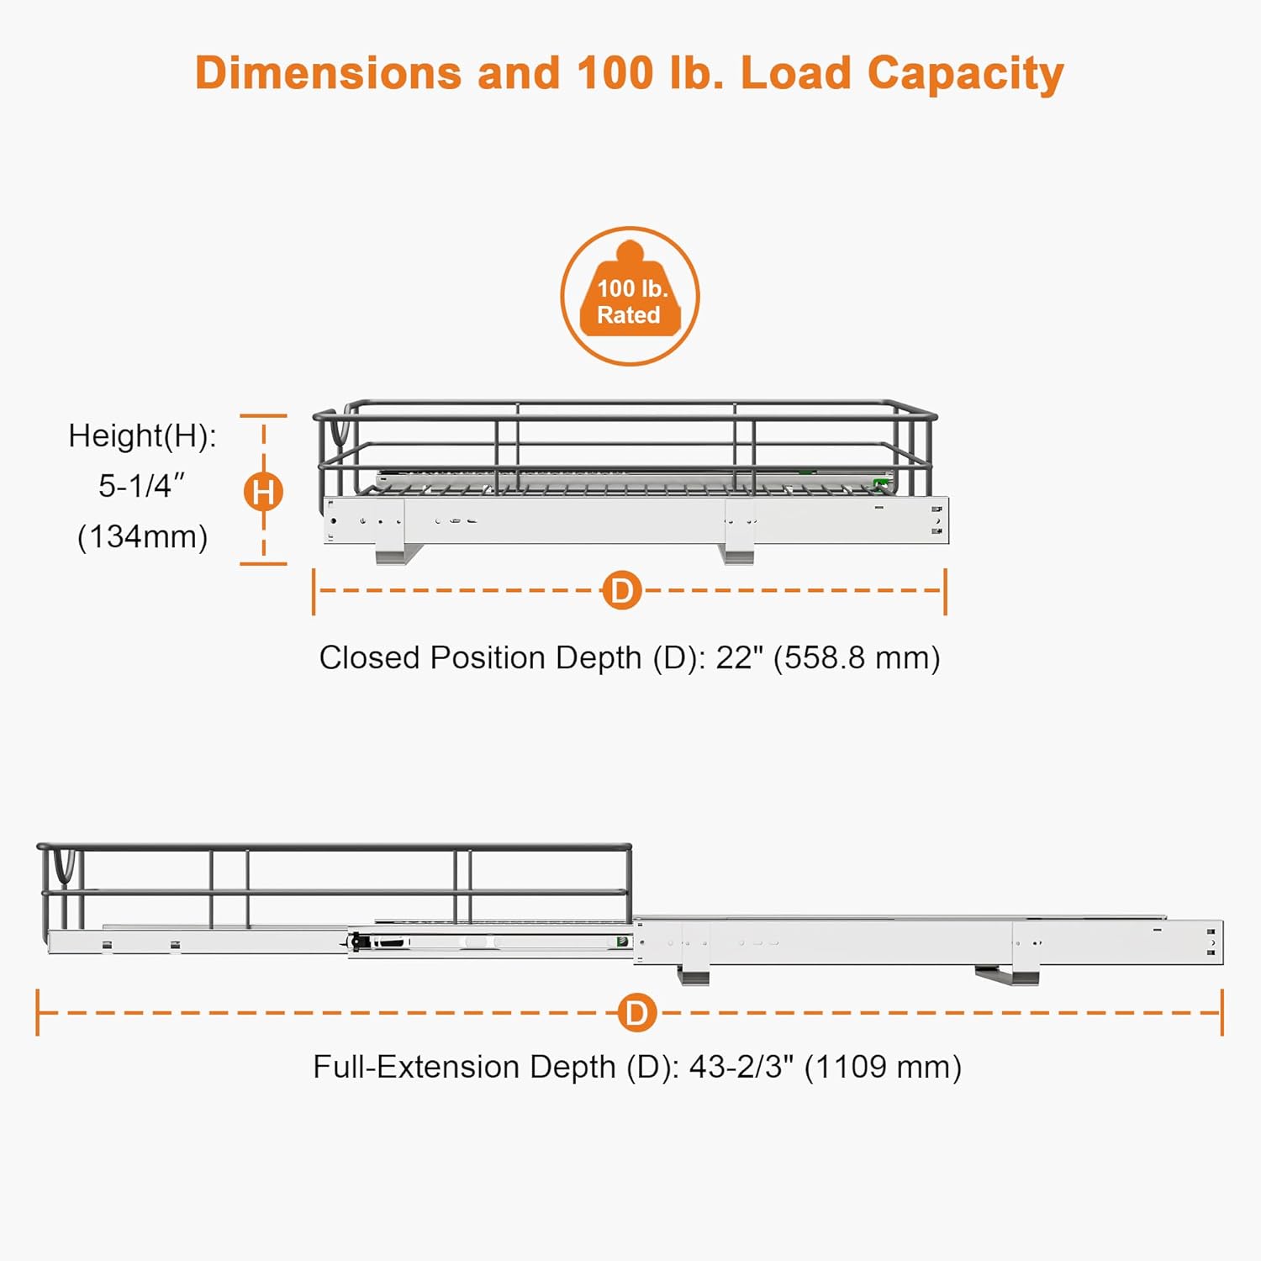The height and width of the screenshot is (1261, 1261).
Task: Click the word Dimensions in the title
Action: pyautogui.click(x=328, y=73)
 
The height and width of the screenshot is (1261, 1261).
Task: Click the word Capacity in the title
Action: pyautogui.click(x=966, y=75)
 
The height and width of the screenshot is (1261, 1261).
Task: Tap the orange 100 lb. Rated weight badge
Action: pyautogui.click(x=630, y=296)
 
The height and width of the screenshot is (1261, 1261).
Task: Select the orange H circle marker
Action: pyautogui.click(x=263, y=492)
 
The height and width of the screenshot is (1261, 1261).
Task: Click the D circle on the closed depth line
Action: pyautogui.click(x=622, y=591)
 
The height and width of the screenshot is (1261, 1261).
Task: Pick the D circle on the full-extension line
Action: pyautogui.click(x=637, y=1013)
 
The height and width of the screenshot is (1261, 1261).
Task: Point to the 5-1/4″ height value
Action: pyautogui.click(x=142, y=486)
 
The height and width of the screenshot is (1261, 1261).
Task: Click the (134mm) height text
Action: pyautogui.click(x=142, y=536)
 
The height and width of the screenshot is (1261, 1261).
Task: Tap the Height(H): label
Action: pyautogui.click(x=142, y=436)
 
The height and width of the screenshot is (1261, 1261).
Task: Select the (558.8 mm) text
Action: pyautogui.click(x=857, y=658)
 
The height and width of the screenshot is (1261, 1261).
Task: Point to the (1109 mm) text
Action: pyautogui.click(x=883, y=1068)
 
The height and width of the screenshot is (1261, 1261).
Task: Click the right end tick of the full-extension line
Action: pyautogui.click(x=1221, y=1012)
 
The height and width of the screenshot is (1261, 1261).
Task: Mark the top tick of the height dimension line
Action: pyautogui.click(x=263, y=416)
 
